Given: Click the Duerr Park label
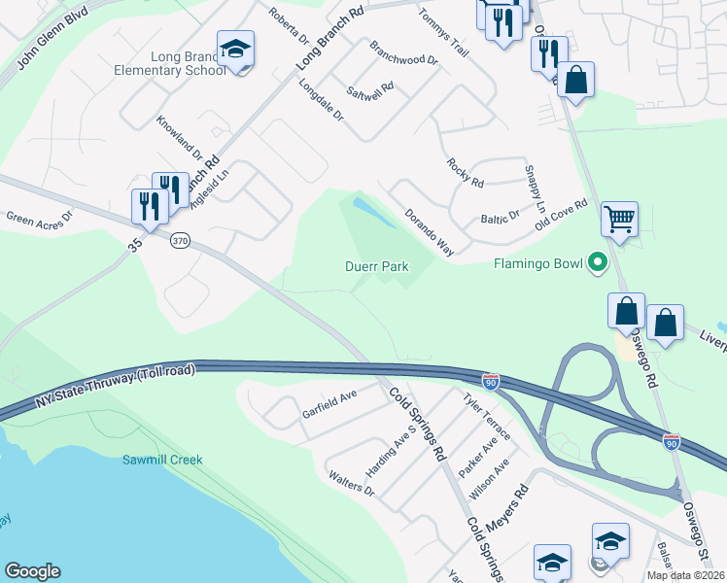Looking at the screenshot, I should [x=375, y=266].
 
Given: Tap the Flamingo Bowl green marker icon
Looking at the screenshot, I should [x=598, y=263].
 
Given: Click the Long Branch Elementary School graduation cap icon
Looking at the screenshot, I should [x=234, y=50].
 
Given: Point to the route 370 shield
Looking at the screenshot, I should [x=178, y=239].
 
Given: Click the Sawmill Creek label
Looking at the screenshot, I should [x=162, y=460].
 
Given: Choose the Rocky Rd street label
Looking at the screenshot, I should [x=465, y=173].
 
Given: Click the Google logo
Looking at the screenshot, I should [x=32, y=571].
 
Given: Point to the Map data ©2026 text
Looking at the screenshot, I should [x=684, y=575].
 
